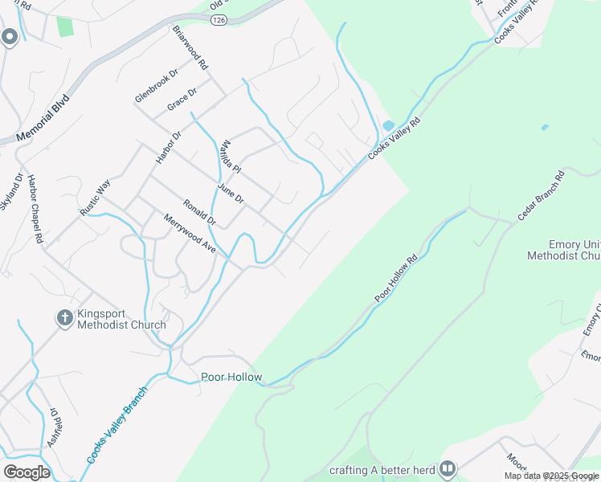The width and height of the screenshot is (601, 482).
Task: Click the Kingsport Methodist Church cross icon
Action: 65,319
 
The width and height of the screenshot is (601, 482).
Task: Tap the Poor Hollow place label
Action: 231,377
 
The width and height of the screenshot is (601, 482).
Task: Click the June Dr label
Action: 230,193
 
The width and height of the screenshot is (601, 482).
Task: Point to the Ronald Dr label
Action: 199,210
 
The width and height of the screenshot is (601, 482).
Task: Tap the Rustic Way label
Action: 94,198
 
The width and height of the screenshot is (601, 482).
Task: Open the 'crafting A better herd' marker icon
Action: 448,468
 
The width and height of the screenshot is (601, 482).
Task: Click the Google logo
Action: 27,472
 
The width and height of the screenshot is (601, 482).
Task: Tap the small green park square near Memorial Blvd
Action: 64,26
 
